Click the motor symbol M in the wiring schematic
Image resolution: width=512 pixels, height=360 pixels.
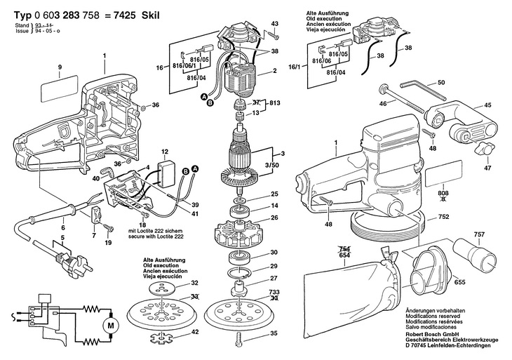point(111,326)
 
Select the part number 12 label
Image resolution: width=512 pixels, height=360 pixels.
point(165,152)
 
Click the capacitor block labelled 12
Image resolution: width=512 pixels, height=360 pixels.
point(166,174)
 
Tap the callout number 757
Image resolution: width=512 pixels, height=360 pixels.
point(479,234)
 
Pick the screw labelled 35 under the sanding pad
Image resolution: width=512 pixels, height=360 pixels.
point(238,339)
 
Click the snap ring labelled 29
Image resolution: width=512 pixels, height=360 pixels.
point(239,272)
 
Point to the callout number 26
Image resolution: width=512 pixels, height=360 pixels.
point(275,218)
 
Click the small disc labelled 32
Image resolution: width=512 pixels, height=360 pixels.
point(163,288)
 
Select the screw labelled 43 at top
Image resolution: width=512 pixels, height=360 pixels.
point(273,34)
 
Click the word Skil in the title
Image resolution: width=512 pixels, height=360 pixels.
point(151,15)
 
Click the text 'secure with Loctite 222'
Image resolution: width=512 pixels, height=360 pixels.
point(156,236)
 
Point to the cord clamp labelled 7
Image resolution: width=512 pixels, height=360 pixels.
point(95,214)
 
